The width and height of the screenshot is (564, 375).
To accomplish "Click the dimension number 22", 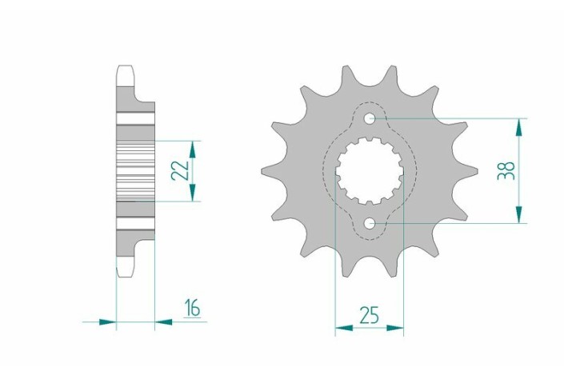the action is [x=180, y=170].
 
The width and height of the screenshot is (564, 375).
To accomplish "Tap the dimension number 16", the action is [x=193, y=308].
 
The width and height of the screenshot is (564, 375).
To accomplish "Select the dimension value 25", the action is [x=370, y=315].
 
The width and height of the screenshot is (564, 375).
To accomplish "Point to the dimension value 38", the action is [x=506, y=170].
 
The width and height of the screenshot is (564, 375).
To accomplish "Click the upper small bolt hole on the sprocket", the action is [x=370, y=118].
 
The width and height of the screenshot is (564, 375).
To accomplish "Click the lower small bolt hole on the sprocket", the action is [x=370, y=223].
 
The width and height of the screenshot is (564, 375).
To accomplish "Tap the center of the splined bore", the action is [x=370, y=171].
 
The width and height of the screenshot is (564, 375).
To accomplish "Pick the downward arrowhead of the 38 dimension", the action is [x=518, y=214].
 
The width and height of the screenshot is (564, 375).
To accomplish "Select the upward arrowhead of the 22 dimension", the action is [x=193, y=150].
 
